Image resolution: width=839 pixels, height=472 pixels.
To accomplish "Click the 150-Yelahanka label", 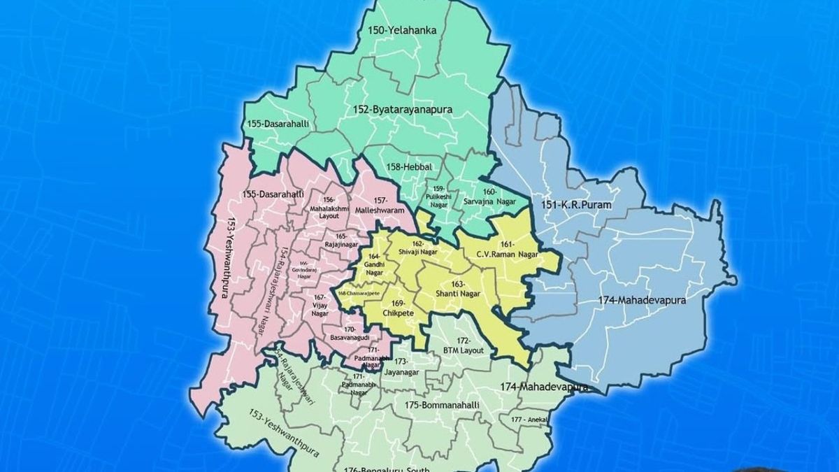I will [x=402, y=30].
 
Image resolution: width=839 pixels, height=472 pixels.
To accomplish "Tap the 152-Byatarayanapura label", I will [x=402, y=110].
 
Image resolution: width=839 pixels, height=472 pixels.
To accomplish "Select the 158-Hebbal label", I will [x=409, y=166].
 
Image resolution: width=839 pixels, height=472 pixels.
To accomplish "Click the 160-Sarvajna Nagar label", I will [x=488, y=196].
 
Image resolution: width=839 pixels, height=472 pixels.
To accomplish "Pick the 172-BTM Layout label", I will [x=464, y=345].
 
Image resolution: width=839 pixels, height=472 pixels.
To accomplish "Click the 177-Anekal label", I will [x=528, y=420].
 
